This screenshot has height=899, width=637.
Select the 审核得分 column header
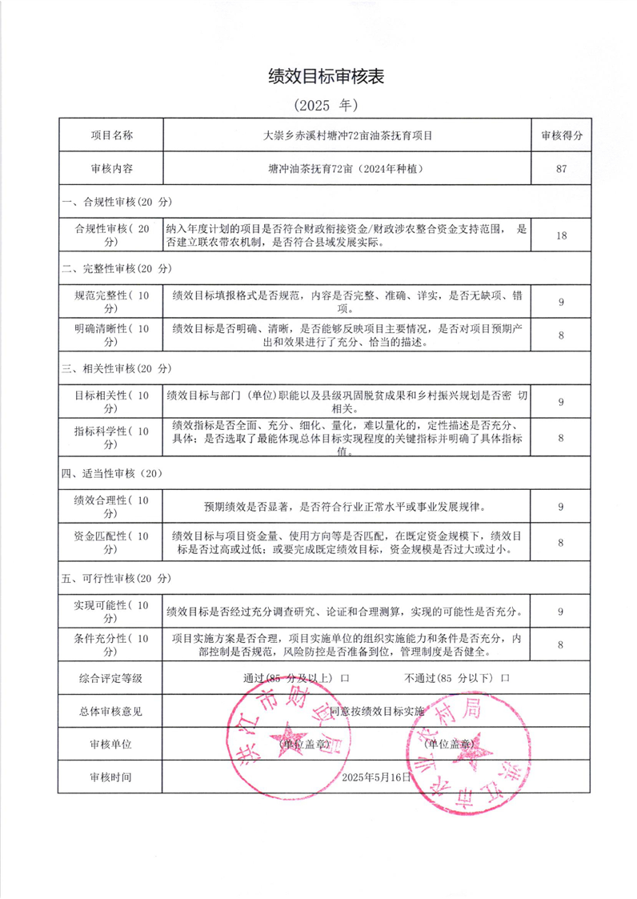click(x=561, y=135)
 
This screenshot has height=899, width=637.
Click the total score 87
click(x=561, y=169)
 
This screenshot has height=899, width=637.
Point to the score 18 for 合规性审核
click(x=561, y=235)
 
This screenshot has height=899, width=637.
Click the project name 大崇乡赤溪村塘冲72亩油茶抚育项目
click(x=347, y=135)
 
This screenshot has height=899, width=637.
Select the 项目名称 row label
click(x=111, y=135)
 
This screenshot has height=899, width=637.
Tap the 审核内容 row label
click(x=111, y=169)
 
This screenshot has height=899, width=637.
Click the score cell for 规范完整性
click(x=561, y=302)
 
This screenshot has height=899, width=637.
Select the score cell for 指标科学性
click(x=561, y=438)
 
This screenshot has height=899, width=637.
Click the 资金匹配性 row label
click(x=111, y=543)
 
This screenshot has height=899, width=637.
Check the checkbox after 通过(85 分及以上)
click(x=345, y=677)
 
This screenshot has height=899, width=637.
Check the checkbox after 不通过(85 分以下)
click(x=505, y=677)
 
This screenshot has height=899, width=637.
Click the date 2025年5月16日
click(x=375, y=777)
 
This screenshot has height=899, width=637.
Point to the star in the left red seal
click(x=287, y=743)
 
